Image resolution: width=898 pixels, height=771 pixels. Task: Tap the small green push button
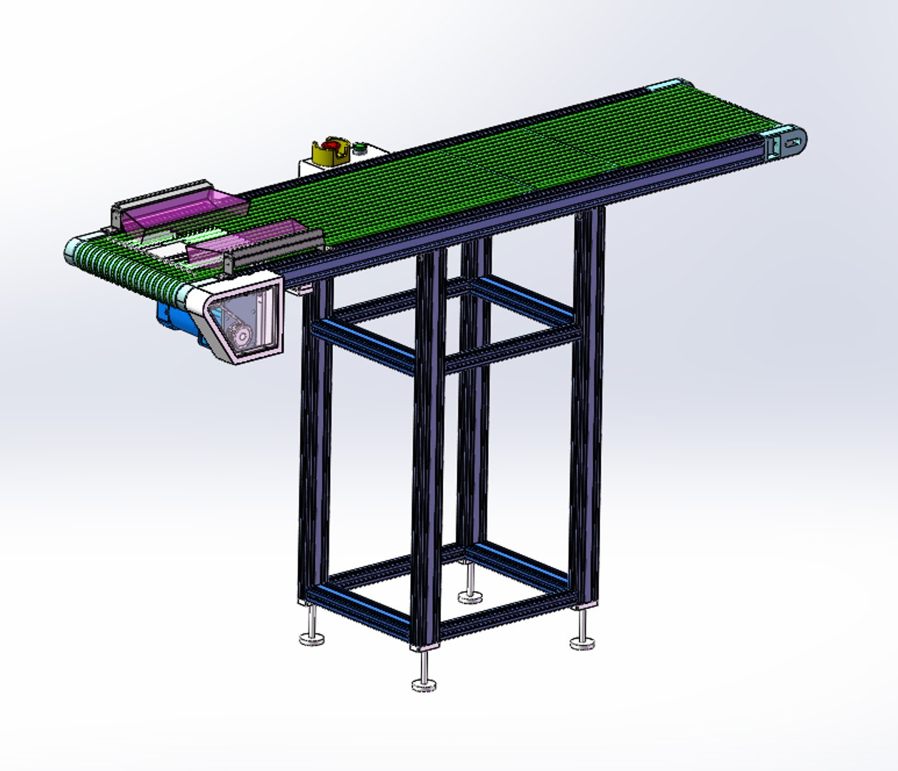(x=360, y=148)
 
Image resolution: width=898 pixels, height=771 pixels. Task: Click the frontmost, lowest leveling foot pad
(x=424, y=685)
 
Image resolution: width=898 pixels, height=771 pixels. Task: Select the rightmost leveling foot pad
(x=582, y=643)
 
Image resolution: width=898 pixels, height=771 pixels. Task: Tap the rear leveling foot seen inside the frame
(x=469, y=597)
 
